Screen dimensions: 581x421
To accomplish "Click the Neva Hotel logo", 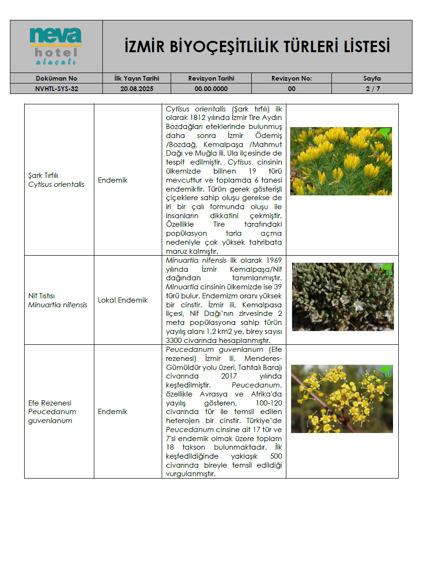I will (56, 46).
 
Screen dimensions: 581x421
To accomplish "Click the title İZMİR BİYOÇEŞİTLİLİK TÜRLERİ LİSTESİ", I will (257, 47).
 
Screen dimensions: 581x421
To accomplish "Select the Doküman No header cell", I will (56, 78).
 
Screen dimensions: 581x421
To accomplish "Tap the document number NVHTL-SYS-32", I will (56, 89).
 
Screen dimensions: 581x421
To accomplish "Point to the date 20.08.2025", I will (137, 89).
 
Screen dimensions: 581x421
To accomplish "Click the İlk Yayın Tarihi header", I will (137, 78).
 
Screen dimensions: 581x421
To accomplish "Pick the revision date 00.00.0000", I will (211, 89).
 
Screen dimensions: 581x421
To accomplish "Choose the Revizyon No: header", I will (292, 78).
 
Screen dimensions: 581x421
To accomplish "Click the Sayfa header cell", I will (372, 78).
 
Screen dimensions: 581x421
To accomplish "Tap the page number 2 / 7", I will (372, 89).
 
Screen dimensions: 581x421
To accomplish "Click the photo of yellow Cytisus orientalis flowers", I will (341, 161).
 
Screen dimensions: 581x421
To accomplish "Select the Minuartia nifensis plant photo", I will (342, 297).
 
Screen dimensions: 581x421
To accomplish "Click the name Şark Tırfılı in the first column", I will (43, 175).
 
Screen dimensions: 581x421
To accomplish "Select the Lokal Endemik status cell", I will (123, 300).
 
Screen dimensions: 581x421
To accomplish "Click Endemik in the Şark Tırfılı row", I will (113, 180).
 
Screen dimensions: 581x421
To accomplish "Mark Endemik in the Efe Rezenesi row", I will (113, 412).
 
